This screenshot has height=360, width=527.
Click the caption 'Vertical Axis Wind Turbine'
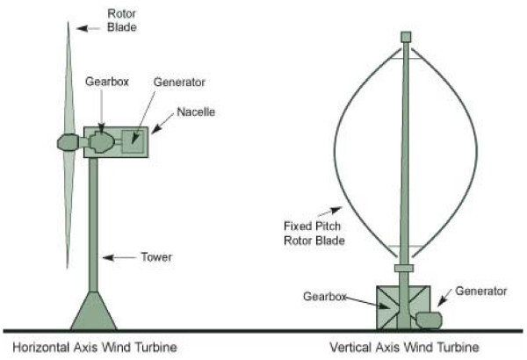pos(403,347)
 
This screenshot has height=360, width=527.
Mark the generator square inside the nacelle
pos(134,139)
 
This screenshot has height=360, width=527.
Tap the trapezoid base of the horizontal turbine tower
pos(92,312)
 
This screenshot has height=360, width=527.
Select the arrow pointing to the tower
pos(114,257)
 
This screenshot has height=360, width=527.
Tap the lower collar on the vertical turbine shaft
pos(404,267)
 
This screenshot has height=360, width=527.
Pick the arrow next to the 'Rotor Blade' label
pos(86,27)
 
